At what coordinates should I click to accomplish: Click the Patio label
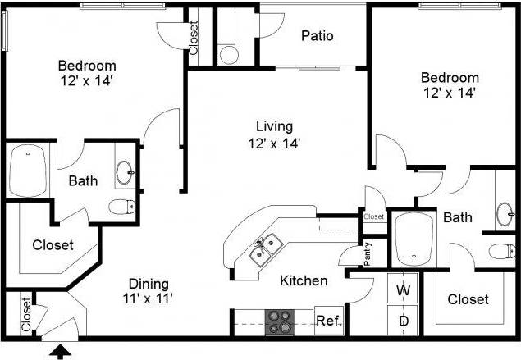coord(316,35)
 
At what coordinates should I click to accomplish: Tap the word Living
coord(274,126)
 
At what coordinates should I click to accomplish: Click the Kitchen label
coord(304,280)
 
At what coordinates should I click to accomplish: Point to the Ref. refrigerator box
coord(328,321)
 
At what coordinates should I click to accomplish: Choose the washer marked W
coord(404,289)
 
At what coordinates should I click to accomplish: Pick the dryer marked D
coord(404,321)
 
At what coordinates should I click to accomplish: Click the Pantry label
coord(368,253)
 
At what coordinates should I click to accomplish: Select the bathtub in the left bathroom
coord(28,171)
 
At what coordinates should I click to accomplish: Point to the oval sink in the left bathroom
coord(125,172)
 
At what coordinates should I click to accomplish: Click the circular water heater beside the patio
coord(229,54)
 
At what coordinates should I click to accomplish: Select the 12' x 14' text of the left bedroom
coord(86,80)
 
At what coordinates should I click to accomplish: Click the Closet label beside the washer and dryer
coord(468,299)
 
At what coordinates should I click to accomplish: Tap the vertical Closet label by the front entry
coord(26,313)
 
